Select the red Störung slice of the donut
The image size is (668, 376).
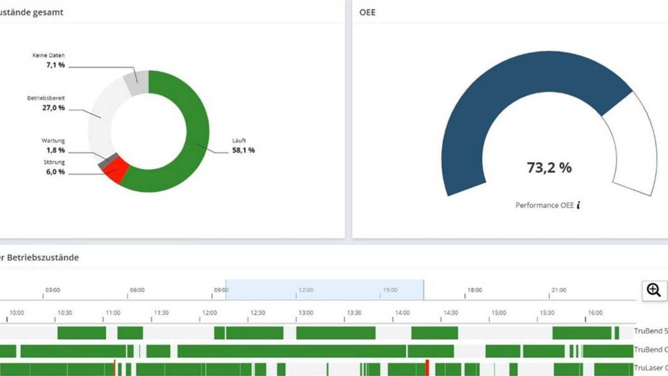(x=116, y=170)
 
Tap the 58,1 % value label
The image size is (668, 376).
(x=243, y=150)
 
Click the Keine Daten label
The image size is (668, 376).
(x=49, y=56)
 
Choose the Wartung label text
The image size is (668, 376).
(x=53, y=141)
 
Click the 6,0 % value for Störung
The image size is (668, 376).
(x=55, y=172)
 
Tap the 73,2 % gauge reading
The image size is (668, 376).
(x=549, y=168)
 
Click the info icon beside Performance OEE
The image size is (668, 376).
(x=578, y=205)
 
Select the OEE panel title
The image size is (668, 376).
(x=367, y=13)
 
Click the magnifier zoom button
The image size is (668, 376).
(x=654, y=290)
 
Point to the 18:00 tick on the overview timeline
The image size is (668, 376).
(x=474, y=290)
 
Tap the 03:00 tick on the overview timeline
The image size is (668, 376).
(x=52, y=290)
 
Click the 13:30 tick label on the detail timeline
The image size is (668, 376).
(x=354, y=313)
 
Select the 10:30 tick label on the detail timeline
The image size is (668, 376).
(x=64, y=313)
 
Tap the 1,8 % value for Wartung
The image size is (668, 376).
(x=55, y=150)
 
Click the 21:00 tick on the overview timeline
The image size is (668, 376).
(x=559, y=290)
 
